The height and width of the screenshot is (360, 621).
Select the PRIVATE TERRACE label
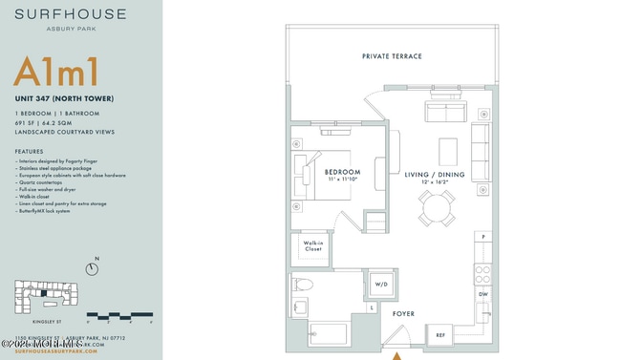click(392, 56)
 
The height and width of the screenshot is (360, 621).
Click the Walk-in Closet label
click(312, 246)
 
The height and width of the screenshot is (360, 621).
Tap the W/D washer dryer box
click(379, 285)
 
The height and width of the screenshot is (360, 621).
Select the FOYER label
click(404, 312)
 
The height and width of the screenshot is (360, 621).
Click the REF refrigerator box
click(441, 335)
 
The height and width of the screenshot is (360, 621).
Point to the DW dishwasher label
click(483, 294)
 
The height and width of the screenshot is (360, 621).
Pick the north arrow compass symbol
click(96, 269)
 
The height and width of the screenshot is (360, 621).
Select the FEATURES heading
click(30, 152)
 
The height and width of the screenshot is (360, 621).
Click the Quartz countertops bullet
click(45, 182)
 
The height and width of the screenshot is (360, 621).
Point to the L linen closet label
click(371, 309)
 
